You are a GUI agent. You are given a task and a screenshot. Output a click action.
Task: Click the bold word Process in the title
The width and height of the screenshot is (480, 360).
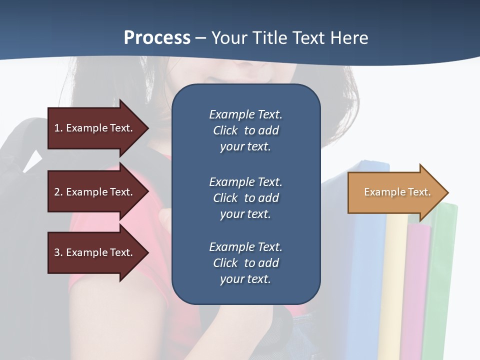click(x=157, y=38)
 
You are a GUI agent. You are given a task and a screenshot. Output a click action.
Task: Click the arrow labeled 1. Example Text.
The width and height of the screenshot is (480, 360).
click(x=95, y=128)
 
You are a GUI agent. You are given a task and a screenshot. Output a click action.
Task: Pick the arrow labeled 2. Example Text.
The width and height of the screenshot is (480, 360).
click(x=95, y=192)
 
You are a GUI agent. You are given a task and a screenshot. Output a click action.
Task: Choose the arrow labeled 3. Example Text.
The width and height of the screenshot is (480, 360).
click(x=95, y=252)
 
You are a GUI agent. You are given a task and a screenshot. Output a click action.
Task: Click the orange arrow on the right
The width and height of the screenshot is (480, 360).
click(x=395, y=192)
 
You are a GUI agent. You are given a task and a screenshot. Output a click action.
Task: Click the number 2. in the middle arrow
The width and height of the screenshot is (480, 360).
click(x=58, y=192)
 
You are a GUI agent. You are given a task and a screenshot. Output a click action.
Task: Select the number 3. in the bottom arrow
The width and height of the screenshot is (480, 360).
click(x=58, y=252)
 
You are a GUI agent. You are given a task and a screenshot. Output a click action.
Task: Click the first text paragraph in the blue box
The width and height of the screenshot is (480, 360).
click(x=245, y=130)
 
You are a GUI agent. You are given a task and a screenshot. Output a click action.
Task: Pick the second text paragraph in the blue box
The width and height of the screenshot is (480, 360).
click(x=245, y=198)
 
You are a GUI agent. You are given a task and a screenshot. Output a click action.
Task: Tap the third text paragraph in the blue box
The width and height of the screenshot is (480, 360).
click(x=245, y=263)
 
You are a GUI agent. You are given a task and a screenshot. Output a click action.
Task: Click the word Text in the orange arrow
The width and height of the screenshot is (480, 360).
click(x=419, y=192)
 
